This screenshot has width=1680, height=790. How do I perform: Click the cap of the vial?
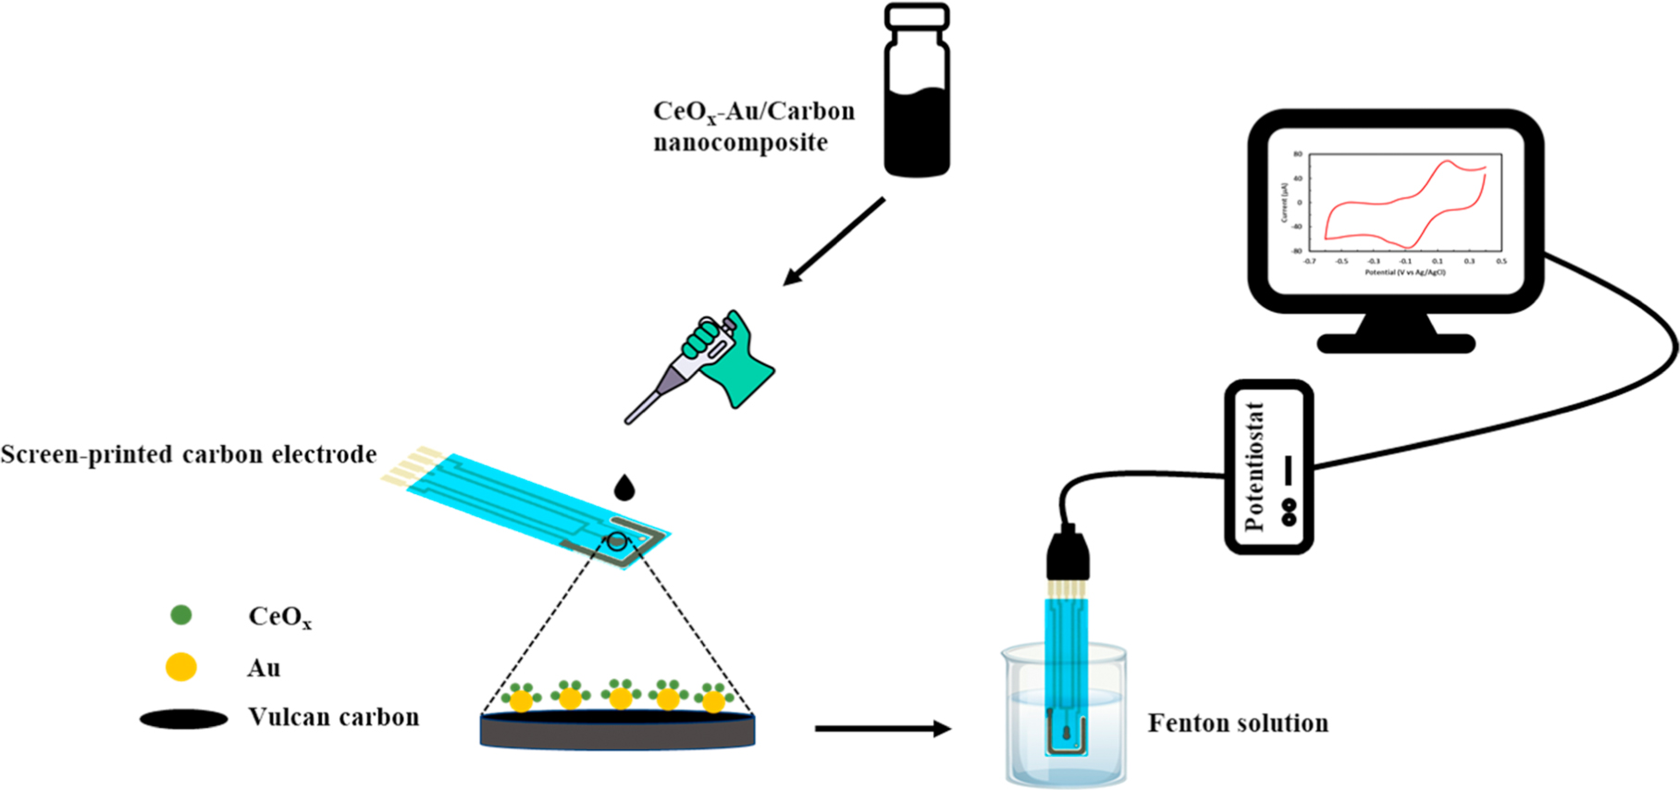point(916,16)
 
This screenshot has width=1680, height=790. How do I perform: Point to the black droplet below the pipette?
point(624,488)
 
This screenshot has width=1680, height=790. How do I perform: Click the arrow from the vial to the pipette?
point(833,241)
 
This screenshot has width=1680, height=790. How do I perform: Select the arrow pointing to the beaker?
point(883,729)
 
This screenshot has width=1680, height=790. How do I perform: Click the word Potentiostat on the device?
point(1254,466)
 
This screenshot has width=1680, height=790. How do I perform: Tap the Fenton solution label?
point(1238,723)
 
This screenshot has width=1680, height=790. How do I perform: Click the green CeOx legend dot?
point(181,614)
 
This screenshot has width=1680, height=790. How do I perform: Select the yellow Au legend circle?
point(181,666)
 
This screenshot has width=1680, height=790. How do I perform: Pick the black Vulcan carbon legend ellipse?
point(183,719)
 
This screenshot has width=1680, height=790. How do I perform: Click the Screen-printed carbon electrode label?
point(189,455)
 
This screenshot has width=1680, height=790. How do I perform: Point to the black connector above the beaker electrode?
point(1068,555)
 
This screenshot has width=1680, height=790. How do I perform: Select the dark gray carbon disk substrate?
point(617,731)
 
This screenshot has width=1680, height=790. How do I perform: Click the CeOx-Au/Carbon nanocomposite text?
point(753,127)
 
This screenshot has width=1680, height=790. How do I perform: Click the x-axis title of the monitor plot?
point(1404,272)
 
